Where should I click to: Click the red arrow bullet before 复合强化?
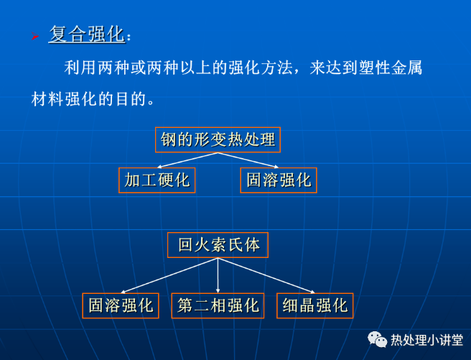point(35,37)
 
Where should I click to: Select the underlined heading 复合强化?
point(87,34)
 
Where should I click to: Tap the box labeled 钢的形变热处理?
point(218,139)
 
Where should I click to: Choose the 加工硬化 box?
point(157,180)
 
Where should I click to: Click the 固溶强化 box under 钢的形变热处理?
point(279,180)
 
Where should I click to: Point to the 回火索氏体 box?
point(218,245)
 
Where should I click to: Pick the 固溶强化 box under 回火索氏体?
point(121,305)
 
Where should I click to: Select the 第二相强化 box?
point(218,305)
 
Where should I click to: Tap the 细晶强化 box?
point(314,305)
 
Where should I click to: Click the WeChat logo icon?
point(377,340)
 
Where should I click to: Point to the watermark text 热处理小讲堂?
point(426,340)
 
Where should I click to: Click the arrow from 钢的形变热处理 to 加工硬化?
point(187,160)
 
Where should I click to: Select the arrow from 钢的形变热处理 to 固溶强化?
point(248,160)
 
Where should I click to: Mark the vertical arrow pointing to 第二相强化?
point(218,275)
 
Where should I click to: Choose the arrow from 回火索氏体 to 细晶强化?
point(266,275)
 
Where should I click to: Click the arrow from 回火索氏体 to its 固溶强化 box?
point(169,275)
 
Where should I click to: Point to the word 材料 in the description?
point(47,99)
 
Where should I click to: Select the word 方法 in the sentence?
point(277,68)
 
